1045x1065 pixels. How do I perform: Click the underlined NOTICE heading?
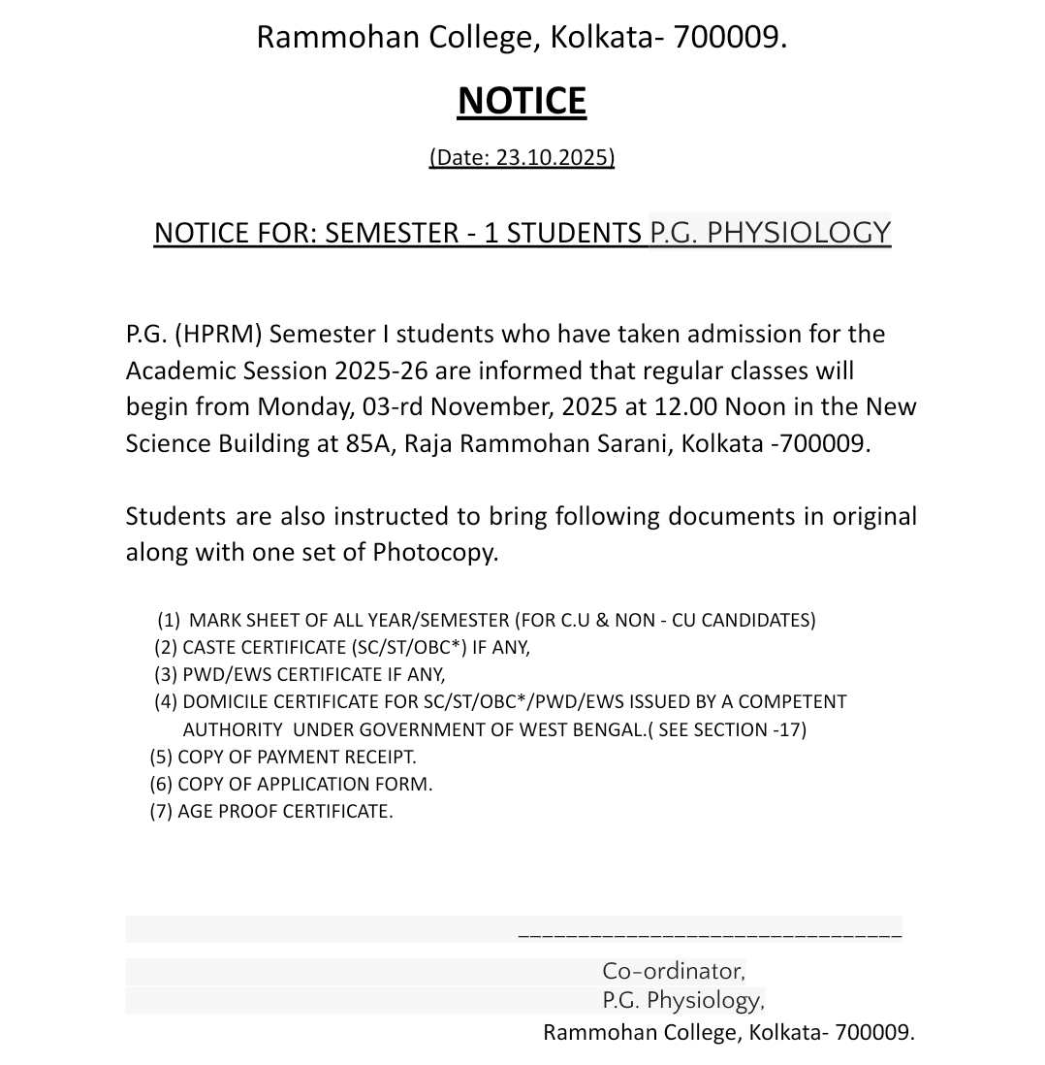point(522,102)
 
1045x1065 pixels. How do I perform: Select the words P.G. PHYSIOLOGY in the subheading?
point(770,233)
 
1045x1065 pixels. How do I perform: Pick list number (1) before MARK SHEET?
point(170,620)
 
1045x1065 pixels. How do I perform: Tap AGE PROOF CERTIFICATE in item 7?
point(285,811)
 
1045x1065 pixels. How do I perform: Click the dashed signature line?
point(710,936)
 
